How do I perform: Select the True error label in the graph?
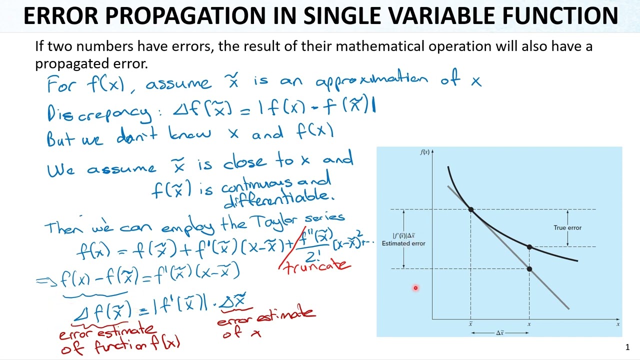tap(567, 228)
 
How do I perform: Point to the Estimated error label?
tap(403, 243)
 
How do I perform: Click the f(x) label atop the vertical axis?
tap(424, 152)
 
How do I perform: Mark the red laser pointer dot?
tap(415, 288)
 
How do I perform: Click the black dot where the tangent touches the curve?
tap(471, 209)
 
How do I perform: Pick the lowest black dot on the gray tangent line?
tap(529, 269)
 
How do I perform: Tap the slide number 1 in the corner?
tap(627, 347)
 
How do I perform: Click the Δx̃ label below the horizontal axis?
tap(500, 333)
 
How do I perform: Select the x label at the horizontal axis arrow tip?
tap(618, 324)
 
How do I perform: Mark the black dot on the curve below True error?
tap(529, 247)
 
